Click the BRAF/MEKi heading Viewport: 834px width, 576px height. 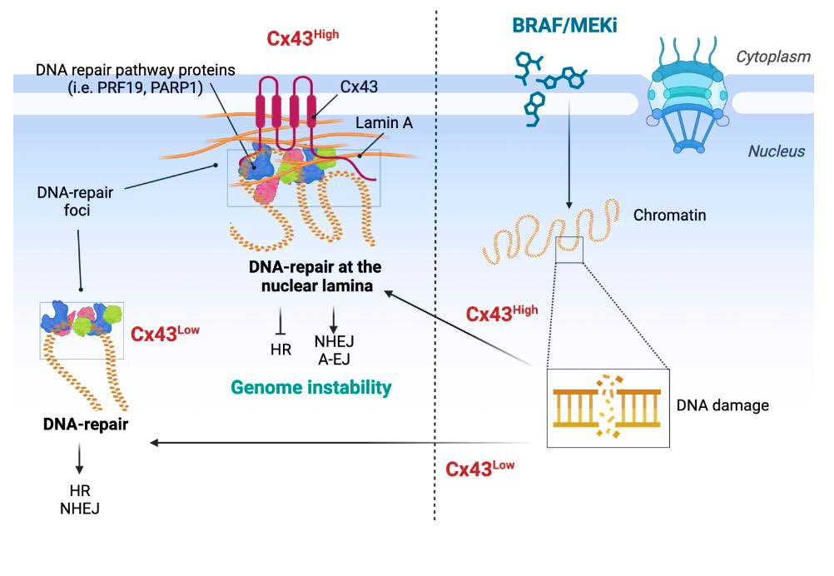tap(564, 26)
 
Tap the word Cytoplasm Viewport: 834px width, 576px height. tap(773, 57)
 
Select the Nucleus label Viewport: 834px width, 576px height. tap(777, 151)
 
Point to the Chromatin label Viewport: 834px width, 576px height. tap(670, 215)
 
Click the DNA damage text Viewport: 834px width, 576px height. tap(722, 405)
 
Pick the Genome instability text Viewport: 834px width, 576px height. tap(311, 387)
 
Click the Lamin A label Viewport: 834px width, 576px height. tap(384, 123)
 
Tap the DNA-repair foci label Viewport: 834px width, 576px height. tap(76, 201)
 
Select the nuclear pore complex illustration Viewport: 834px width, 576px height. tap(688, 96)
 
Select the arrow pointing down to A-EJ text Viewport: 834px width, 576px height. tap(334, 320)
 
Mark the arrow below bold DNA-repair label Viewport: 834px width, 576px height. tap(79, 458)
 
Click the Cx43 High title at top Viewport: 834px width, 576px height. tap(302, 37)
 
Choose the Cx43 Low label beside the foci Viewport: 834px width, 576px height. tap(165, 333)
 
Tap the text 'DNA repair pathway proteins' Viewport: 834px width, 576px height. tap(136, 70)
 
